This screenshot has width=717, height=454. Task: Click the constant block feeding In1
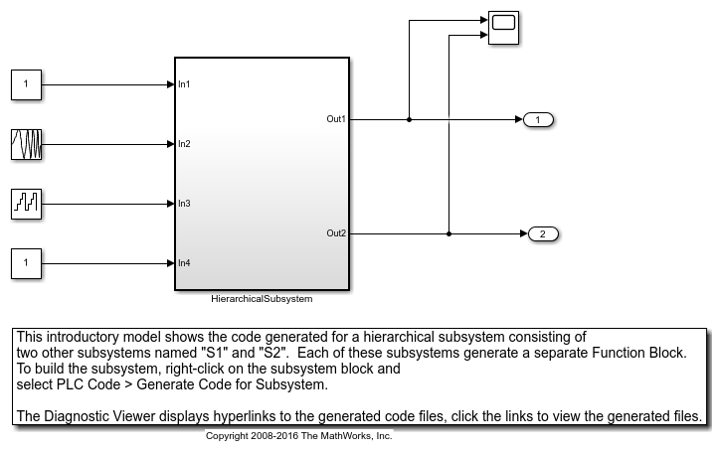pyautogui.click(x=26, y=84)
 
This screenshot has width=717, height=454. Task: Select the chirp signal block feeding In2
pyautogui.click(x=26, y=144)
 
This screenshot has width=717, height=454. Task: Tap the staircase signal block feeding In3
pyautogui.click(x=26, y=204)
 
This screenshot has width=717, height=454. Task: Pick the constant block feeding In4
pyautogui.click(x=26, y=263)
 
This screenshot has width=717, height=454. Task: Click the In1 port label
pyautogui.click(x=184, y=84)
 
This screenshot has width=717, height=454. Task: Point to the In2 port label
pyautogui.click(x=184, y=144)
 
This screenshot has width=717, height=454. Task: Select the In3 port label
pyautogui.click(x=184, y=204)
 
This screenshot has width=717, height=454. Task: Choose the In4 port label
pyautogui.click(x=184, y=262)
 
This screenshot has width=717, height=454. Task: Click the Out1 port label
pyautogui.click(x=336, y=119)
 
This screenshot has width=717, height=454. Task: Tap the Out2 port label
pyautogui.click(x=336, y=232)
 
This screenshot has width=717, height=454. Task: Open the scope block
pyautogui.click(x=503, y=28)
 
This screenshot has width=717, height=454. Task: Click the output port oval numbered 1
pyautogui.click(x=538, y=119)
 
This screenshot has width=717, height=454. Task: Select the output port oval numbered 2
pyautogui.click(x=543, y=233)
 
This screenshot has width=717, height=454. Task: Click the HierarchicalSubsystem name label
pyautogui.click(x=262, y=299)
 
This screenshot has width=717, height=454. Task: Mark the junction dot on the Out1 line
pyautogui.click(x=409, y=119)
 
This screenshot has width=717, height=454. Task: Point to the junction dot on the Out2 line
pyautogui.click(x=448, y=233)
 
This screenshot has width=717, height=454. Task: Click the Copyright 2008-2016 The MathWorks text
pyautogui.click(x=298, y=436)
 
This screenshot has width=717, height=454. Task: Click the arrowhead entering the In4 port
pyautogui.click(x=171, y=263)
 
